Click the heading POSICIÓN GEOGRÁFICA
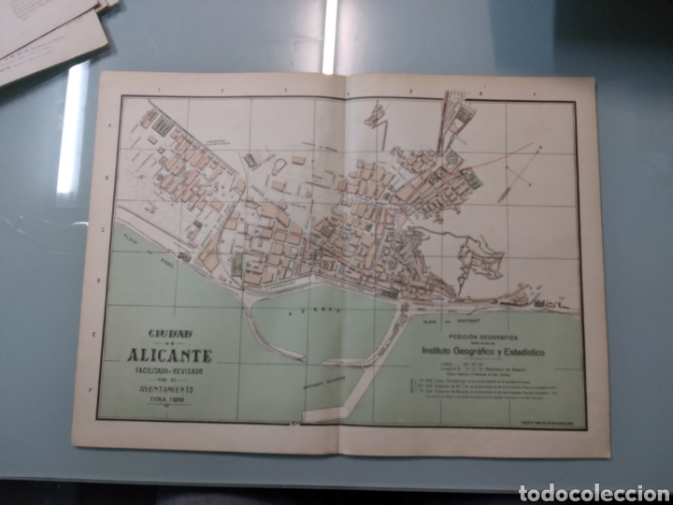click(x=480, y=333)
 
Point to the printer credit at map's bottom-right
click(x=556, y=423)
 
